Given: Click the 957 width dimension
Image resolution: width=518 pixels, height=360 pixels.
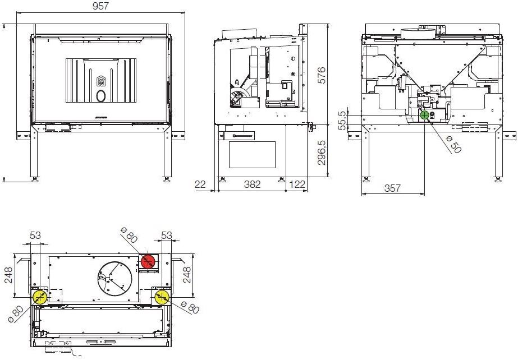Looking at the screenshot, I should coord(100,6).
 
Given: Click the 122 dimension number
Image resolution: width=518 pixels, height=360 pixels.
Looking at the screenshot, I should coord(297,184).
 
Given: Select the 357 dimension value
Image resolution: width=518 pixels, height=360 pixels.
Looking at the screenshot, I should coord(392,188).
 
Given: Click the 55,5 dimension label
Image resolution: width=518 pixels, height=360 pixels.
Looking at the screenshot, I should coord(343,119).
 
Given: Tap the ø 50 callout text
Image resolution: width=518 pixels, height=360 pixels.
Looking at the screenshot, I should coord(452,144).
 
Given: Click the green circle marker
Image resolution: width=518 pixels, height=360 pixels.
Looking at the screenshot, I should coord(424,115).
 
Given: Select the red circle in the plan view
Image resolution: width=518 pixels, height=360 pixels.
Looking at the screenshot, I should coord(148,261).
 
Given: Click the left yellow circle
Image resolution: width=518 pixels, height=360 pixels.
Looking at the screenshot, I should coord(39,297).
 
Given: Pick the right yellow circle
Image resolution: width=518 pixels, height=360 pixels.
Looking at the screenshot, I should coord(162,297).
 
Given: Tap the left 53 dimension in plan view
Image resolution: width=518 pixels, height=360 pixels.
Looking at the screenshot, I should coord(35,236).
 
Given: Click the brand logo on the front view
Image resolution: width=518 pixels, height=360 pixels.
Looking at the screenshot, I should coord(102,82).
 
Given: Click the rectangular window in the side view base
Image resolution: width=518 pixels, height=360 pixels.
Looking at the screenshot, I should coord(252,154).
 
